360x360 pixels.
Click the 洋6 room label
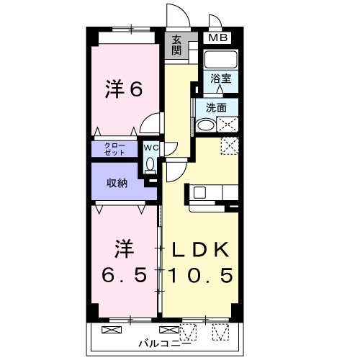click(123, 89)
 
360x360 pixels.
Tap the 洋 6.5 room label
click(123, 263)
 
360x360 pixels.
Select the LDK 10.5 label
click(201, 263)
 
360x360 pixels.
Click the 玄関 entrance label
click(177, 45)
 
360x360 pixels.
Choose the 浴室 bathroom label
click(221, 78)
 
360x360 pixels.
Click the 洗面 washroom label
click(216, 107)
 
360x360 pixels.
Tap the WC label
click(150, 148)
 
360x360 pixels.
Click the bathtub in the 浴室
click(221, 58)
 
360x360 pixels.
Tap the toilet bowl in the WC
click(150, 165)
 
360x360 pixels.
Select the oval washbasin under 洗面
click(206, 125)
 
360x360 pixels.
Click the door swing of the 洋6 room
click(150, 124)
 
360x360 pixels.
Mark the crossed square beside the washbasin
click(229, 125)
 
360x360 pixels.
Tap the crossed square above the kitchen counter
click(230, 145)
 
